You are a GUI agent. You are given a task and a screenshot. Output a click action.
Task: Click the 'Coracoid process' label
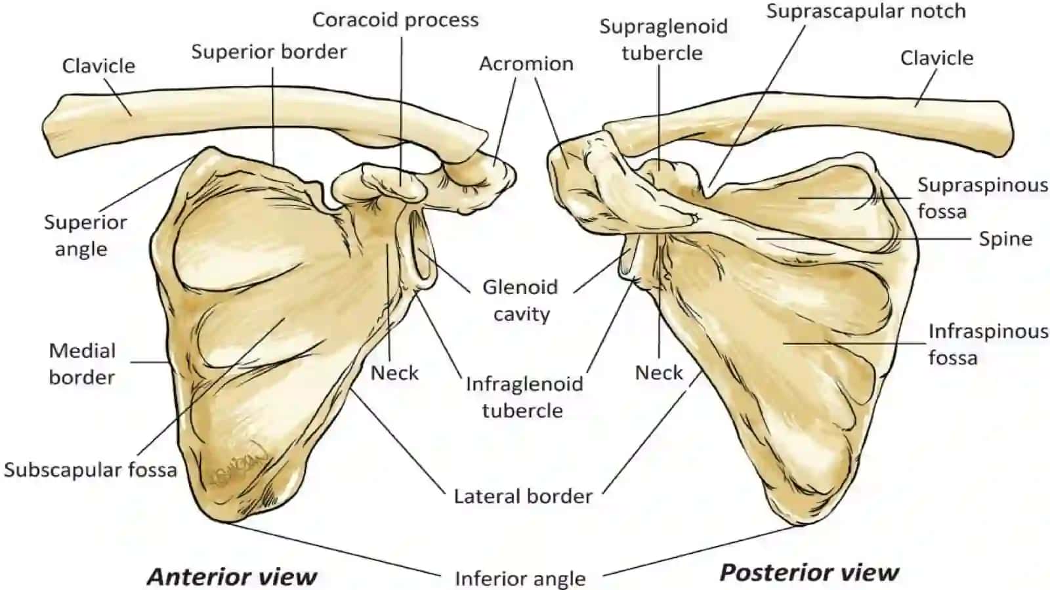(x=395, y=20)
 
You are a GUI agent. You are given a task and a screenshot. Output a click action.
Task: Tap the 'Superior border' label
(x=269, y=52)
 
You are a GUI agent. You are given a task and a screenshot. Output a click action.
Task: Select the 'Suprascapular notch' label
(x=866, y=11)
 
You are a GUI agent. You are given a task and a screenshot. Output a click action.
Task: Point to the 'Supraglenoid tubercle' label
(x=663, y=40)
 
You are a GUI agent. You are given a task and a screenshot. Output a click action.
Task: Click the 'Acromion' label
(x=526, y=64)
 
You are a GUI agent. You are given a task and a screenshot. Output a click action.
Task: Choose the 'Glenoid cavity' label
(x=520, y=301)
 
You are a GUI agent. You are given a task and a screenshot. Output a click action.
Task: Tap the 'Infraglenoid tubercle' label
(x=524, y=398)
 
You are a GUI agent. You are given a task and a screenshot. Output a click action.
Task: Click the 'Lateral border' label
(x=523, y=496)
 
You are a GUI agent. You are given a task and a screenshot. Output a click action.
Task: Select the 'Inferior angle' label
(x=520, y=579)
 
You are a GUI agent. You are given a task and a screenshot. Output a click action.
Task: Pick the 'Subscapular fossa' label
(x=91, y=469)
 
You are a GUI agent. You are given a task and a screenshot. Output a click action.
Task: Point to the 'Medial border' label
(x=82, y=364)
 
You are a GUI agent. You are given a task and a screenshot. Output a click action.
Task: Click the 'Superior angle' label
(x=85, y=236)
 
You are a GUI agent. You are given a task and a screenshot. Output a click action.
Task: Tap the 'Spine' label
(x=1005, y=240)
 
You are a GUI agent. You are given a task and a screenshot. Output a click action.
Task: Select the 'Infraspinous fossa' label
(x=988, y=345)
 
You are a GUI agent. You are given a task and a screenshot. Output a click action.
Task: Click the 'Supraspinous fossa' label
(x=982, y=198)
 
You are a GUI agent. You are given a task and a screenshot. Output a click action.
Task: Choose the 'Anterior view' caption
(x=232, y=576)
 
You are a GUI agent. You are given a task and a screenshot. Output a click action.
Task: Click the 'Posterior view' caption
(x=809, y=572)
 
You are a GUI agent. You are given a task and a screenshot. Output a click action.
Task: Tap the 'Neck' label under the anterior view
(x=394, y=373)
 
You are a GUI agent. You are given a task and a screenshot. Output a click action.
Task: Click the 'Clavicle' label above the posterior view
(x=936, y=58)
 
